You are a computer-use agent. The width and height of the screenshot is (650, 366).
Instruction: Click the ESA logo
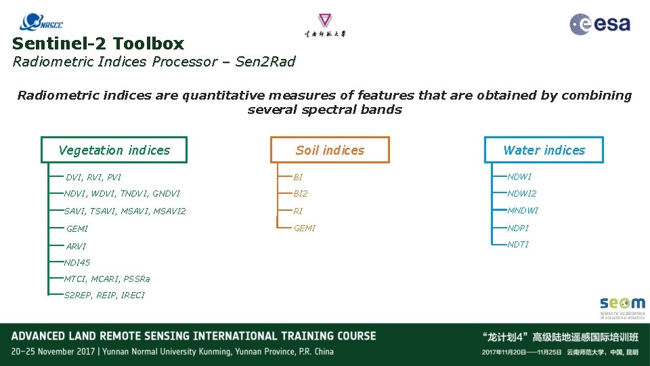pyautogui.click(x=600, y=24)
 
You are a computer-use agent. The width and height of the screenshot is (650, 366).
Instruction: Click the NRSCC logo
pyautogui.click(x=42, y=23)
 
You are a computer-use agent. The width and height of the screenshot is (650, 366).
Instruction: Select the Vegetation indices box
pyautogui.click(x=114, y=150)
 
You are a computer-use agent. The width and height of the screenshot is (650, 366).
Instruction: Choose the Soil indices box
pyautogui.click(x=330, y=150)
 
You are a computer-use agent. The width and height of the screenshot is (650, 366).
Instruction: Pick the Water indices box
pyautogui.click(x=544, y=150)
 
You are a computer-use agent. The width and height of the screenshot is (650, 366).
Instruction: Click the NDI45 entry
pyautogui.click(x=77, y=262)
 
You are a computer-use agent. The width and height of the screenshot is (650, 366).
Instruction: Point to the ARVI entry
pyautogui.click(x=76, y=246)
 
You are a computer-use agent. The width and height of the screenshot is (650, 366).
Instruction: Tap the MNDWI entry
pyautogui.click(x=523, y=210)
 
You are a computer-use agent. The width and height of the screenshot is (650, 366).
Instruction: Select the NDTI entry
pyautogui.click(x=519, y=244)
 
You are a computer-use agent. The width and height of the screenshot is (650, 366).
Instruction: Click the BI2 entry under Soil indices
pyautogui.click(x=301, y=194)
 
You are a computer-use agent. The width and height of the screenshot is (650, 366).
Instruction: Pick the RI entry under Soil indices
pyautogui.click(x=298, y=211)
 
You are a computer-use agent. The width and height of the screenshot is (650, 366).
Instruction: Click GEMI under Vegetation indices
pyautogui.click(x=77, y=229)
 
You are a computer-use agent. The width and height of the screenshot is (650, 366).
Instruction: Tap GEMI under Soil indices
pyautogui.click(x=305, y=228)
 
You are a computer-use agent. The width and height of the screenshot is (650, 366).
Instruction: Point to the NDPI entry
pyautogui.click(x=519, y=228)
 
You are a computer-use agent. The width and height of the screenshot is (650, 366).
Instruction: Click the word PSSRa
pyautogui.click(x=137, y=279)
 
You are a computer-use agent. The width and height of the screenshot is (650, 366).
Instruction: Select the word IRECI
pyautogui.click(x=133, y=295)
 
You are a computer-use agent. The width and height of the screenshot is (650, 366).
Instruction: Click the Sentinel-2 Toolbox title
pyautogui.click(x=98, y=44)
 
